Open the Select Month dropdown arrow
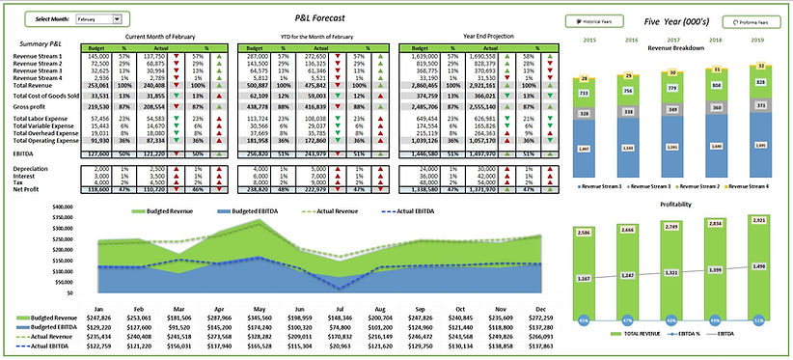(x=117, y=18)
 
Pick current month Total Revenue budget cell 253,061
(x=98, y=84)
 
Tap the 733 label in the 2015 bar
(x=583, y=93)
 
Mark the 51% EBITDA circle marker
(x=760, y=318)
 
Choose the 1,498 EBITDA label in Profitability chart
(x=760, y=267)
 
